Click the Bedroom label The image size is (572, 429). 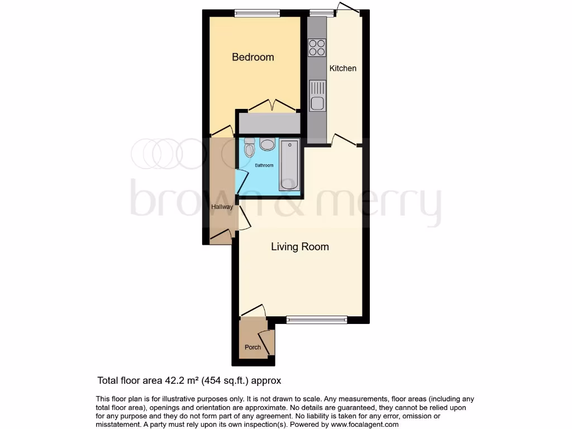click(253, 57)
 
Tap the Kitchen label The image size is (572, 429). click(342, 68)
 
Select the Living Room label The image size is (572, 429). click(300, 246)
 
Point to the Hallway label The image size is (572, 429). click(222, 207)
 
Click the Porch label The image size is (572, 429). click(253, 347)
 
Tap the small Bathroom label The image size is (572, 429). click(264, 165)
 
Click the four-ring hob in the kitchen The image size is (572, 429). click(317, 47)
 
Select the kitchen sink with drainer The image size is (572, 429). click(317, 96)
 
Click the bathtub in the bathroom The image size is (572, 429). click(289, 165)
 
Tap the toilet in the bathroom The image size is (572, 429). click(249, 147)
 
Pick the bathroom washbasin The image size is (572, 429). click(268, 145)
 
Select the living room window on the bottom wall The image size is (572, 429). click(317, 320)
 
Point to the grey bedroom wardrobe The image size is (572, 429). click(268, 123)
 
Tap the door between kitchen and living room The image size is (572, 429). click(345, 140)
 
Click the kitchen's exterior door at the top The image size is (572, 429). click(347, 8)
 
